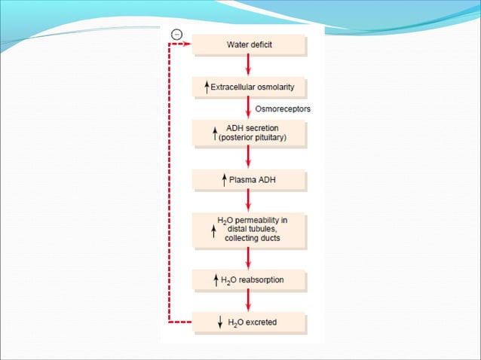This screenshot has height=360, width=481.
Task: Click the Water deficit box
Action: (249, 45)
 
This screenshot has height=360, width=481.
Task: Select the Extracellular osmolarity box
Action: (249, 87)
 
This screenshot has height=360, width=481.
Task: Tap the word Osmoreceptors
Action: (283, 109)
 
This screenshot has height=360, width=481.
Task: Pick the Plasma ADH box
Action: (249, 180)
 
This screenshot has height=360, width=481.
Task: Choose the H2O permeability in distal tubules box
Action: (249, 230)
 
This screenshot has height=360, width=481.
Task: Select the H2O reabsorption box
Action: (249, 281)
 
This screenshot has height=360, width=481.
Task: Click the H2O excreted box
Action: (249, 323)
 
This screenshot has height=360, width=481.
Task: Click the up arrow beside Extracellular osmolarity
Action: (207, 87)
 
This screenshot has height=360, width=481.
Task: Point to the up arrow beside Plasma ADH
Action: (224, 180)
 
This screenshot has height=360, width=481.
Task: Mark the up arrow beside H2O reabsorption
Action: (216, 281)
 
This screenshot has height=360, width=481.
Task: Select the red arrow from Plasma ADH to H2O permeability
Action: (248, 202)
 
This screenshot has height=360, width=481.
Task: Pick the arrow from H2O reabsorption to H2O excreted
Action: (248, 301)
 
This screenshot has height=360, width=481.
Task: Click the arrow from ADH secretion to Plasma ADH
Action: (248, 157)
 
